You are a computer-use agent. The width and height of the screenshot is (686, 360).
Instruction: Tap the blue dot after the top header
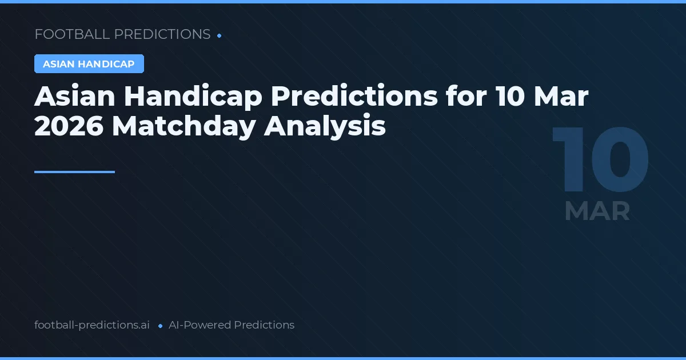click(220, 35)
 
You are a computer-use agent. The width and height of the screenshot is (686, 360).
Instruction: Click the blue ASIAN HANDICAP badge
click(89, 64)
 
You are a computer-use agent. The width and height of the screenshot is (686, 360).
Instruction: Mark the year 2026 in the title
click(69, 126)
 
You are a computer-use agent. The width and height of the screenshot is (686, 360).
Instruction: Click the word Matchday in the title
click(184, 126)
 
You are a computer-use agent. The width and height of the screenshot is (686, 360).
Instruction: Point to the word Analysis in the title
click(325, 126)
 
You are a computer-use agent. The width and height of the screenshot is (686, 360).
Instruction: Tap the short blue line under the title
click(74, 171)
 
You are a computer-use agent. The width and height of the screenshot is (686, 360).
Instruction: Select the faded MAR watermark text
click(597, 211)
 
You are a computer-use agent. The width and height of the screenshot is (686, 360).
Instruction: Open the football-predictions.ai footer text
click(92, 325)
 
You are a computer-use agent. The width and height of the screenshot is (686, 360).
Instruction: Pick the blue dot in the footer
click(160, 326)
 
